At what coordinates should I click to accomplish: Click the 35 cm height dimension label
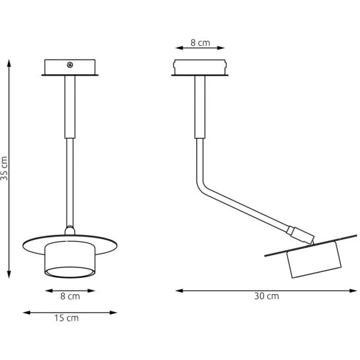click(4, 168)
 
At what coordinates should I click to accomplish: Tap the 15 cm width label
click(66, 318)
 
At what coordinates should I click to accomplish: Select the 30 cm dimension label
click(267, 296)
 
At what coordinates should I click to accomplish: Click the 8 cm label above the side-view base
click(200, 43)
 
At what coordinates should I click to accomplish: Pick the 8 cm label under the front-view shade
click(70, 296)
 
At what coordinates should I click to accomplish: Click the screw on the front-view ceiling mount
click(70, 65)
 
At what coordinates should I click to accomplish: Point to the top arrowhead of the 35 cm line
click(9, 63)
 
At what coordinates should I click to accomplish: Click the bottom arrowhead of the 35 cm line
click(9, 275)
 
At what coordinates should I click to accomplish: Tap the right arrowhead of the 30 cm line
click(353, 290)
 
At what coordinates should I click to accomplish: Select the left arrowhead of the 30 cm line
click(179, 290)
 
